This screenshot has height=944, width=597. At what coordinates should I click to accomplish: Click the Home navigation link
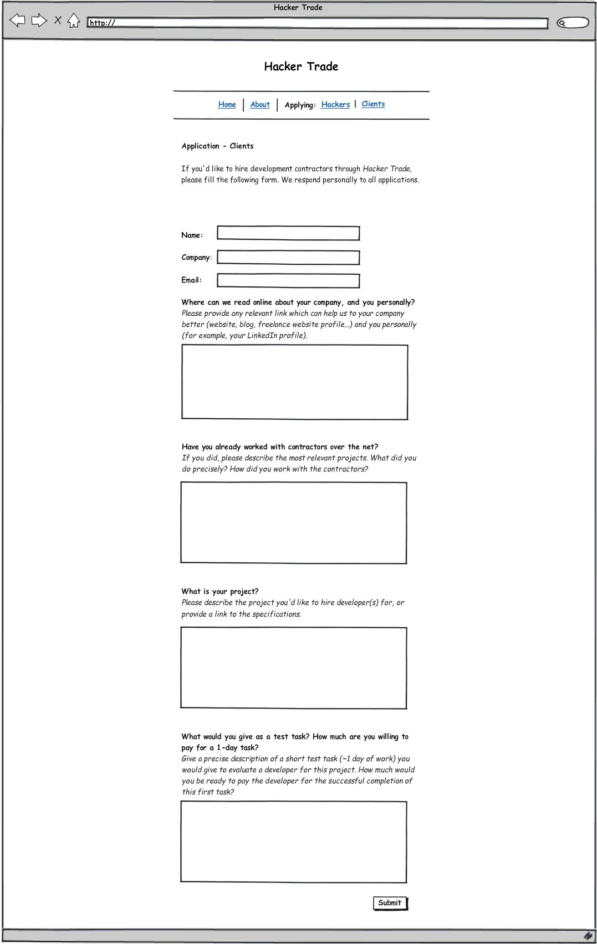tap(227, 105)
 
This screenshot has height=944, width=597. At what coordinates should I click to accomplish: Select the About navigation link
tap(260, 105)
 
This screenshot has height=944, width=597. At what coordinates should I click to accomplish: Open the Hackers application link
tap(335, 105)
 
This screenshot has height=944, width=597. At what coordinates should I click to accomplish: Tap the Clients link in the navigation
tap(373, 104)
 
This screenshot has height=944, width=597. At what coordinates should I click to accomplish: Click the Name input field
tap(288, 233)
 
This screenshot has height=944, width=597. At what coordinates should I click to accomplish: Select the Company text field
tap(288, 258)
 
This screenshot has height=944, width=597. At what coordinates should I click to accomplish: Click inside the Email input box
tap(288, 281)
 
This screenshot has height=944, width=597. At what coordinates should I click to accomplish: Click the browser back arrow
tap(18, 21)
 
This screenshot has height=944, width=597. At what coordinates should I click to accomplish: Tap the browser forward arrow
tap(39, 21)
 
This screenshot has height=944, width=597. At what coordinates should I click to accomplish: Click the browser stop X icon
tap(58, 20)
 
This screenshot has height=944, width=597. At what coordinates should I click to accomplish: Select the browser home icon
tap(74, 21)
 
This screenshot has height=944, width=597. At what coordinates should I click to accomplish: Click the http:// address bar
tap(317, 23)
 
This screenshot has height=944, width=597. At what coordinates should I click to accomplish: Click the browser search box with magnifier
tap(573, 23)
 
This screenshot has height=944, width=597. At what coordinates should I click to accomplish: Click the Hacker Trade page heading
tap(301, 66)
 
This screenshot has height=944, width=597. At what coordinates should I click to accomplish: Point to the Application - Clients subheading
tap(217, 146)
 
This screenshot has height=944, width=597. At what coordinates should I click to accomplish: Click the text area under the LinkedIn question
tap(295, 382)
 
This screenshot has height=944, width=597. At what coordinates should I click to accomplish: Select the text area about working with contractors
tap(294, 523)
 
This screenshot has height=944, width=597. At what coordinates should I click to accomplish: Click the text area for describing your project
tap(294, 668)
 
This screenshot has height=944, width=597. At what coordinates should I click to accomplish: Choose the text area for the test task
tap(294, 842)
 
